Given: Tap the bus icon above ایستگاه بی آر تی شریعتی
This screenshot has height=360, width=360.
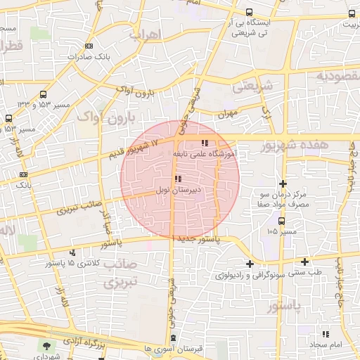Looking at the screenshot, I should [x=250, y=12].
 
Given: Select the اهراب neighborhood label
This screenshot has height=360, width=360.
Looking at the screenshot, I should [x=146, y=33].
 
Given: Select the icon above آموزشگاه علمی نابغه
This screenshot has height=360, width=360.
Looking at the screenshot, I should [x=204, y=142].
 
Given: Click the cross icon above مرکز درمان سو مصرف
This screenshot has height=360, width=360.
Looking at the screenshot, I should [x=283, y=183].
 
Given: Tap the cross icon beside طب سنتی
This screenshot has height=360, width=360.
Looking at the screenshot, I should [x=304, y=262].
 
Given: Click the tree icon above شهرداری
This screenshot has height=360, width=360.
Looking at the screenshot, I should [x=46, y=346].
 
